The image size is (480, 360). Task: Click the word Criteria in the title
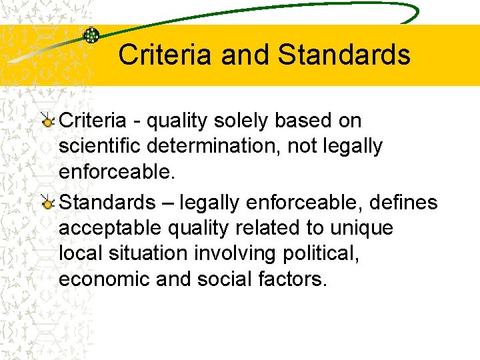coord(166,55)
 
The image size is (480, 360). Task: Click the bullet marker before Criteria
coord(47,123)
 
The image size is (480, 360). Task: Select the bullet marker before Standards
coord(47,203)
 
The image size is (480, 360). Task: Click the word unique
coord(360,228)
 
